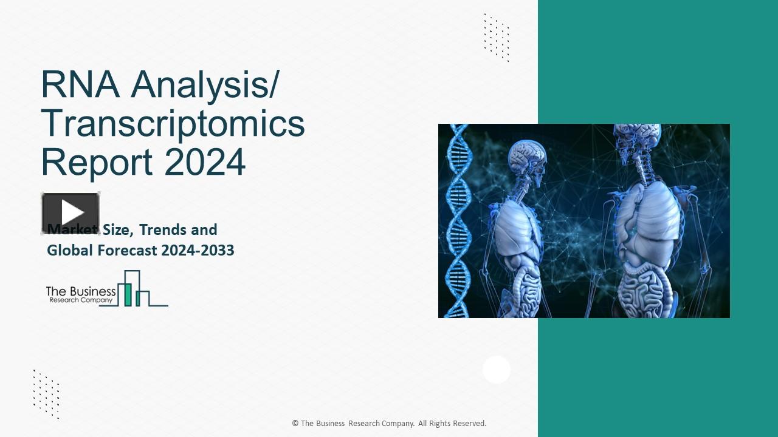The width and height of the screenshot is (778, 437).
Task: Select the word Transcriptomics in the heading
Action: click(x=173, y=123)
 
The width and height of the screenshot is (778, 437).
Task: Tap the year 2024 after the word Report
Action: click(x=205, y=161)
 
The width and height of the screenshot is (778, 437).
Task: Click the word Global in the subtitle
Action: click(x=67, y=250)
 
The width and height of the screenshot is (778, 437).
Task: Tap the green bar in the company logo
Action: click(x=128, y=294)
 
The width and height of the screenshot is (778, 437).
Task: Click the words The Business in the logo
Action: click(x=81, y=292)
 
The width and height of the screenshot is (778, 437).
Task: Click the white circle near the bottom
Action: click(x=497, y=370)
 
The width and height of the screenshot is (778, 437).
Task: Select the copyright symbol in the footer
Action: click(x=295, y=424)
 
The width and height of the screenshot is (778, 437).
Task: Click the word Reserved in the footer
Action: click(x=469, y=424)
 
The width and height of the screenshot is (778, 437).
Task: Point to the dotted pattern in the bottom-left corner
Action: click(x=46, y=394)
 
